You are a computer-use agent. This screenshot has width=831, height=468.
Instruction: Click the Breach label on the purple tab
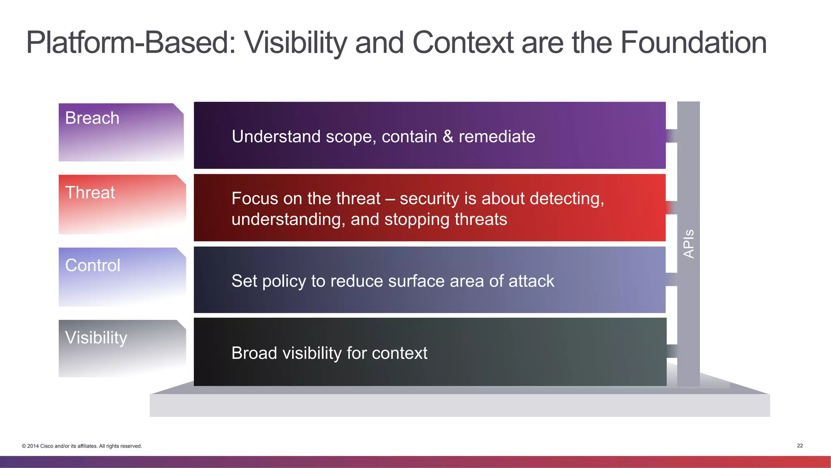click(92, 118)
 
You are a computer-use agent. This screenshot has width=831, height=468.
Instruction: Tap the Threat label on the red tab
click(90, 192)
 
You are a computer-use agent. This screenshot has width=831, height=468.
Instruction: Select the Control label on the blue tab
click(93, 265)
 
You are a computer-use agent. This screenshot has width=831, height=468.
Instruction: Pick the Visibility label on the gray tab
click(96, 338)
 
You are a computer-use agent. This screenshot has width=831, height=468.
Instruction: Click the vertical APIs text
click(689, 244)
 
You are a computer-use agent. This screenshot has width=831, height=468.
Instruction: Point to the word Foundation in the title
click(693, 43)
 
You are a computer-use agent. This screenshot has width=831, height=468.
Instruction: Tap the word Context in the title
click(463, 43)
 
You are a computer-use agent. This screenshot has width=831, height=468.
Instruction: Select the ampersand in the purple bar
click(448, 137)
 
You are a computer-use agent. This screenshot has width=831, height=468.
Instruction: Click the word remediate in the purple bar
click(497, 137)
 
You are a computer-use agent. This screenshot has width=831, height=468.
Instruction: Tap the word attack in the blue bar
click(531, 281)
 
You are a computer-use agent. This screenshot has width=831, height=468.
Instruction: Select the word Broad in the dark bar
click(254, 353)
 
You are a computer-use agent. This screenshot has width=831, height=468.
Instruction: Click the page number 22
click(800, 446)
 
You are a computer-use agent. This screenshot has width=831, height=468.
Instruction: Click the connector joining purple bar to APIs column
click(672, 136)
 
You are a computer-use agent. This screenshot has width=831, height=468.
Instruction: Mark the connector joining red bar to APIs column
click(672, 208)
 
